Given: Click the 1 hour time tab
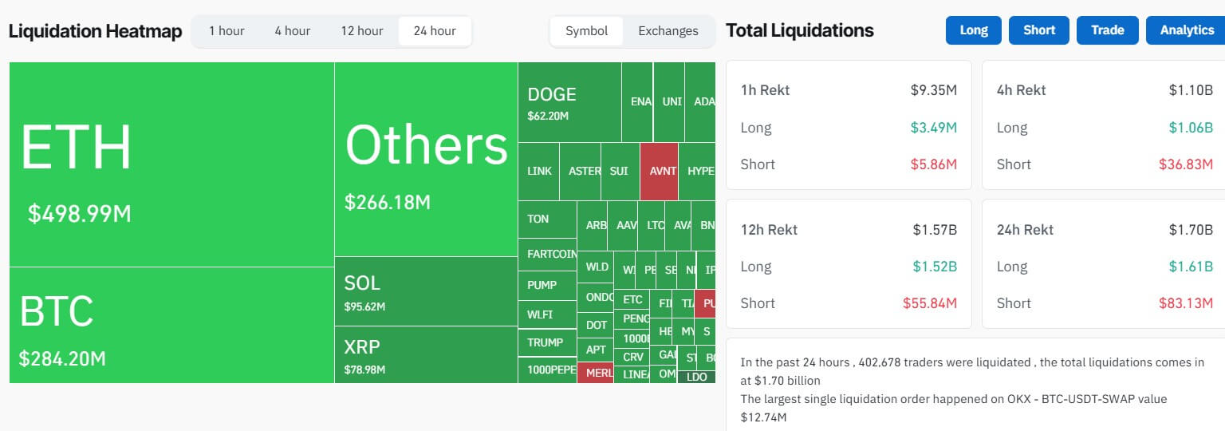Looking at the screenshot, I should pos(226,31).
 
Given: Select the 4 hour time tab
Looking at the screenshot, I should pos(293,31).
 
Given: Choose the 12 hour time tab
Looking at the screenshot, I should pos(362,31).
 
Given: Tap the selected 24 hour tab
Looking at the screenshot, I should pos(435,31).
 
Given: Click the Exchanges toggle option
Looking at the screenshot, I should pos(668,31).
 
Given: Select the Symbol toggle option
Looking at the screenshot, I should pos(586,31).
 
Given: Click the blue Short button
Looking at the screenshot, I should pos(1039,30).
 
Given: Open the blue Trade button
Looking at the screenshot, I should pos(1107,30).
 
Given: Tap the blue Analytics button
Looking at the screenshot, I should pos(1187,30).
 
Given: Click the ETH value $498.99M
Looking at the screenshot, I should pos(80,214).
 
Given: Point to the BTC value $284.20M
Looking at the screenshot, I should pos(62,359).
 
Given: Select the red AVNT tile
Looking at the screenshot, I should pos(659,172).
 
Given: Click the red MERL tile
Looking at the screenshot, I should pos(595,373).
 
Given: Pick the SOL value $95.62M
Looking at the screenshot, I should pos(364,306).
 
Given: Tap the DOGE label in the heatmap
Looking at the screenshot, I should pos(551,94).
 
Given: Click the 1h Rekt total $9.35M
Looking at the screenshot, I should pos(933,90).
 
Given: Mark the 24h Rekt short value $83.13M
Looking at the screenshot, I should pos(1186,303).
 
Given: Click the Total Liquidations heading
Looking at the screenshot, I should pos(799,30).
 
